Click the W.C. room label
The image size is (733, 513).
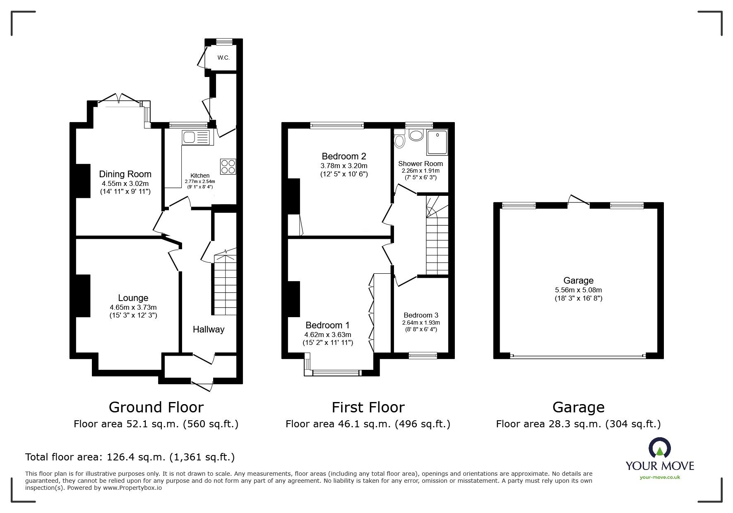224,58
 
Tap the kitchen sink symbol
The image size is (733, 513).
196,137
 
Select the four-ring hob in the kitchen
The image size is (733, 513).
228,166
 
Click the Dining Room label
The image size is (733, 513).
125,174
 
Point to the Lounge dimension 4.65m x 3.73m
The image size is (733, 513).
133,307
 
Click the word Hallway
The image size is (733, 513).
209,329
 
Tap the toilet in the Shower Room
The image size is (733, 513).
399,139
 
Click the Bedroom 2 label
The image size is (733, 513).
344,156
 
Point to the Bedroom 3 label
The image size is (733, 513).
421,315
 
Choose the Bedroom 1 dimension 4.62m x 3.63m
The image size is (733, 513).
328,335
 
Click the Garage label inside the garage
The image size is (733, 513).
578,281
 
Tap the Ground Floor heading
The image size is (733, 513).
156,407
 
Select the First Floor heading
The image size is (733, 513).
368,407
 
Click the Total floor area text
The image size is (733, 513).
130,457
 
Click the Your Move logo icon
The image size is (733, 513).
659,448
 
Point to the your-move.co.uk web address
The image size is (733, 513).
660,477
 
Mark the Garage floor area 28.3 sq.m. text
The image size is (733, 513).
578,424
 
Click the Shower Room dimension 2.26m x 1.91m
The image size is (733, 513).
421,171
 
